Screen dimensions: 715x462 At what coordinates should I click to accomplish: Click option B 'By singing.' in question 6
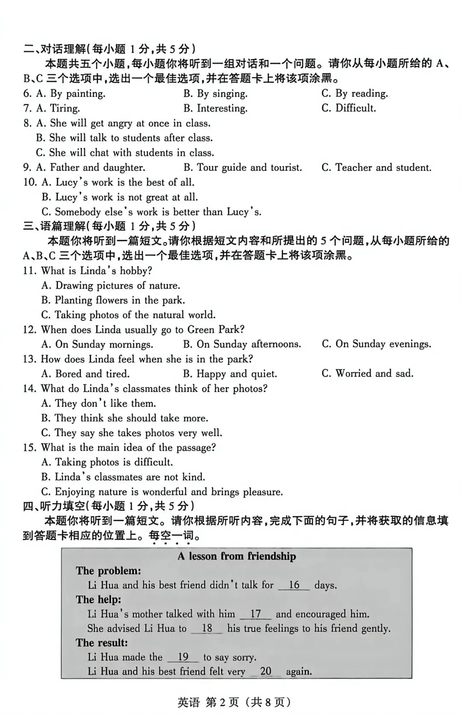tap(216, 94)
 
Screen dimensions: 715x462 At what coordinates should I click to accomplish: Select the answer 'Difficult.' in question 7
tap(349, 108)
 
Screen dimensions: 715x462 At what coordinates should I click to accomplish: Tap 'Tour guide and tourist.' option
tap(243, 167)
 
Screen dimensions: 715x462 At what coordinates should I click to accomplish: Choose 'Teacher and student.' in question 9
tap(376, 167)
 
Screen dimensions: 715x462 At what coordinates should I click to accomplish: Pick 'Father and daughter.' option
tap(91, 167)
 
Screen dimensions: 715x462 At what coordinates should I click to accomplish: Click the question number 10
tap(30, 182)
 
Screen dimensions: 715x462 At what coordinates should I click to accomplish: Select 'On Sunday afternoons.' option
tap(242, 344)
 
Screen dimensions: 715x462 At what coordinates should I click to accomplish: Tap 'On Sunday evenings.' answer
tap(376, 344)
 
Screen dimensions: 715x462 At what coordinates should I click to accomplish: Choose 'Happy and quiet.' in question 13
tap(230, 374)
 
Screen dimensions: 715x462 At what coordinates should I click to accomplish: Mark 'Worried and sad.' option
tap(367, 374)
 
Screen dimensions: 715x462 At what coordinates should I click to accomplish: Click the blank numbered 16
tap(294, 585)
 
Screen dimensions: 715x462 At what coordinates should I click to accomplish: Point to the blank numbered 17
tap(255, 614)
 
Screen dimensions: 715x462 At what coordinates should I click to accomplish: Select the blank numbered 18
tap(207, 629)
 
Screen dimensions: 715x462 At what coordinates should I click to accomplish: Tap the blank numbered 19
tap(183, 657)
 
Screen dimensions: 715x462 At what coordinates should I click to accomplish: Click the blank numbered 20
tap(266, 671)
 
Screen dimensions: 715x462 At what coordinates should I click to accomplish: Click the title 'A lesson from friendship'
tap(237, 556)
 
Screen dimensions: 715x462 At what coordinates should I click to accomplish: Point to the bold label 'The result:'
tap(102, 643)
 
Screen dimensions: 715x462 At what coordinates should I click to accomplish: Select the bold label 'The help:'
tap(98, 599)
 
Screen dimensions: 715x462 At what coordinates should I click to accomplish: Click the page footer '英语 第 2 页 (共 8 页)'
tap(234, 702)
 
